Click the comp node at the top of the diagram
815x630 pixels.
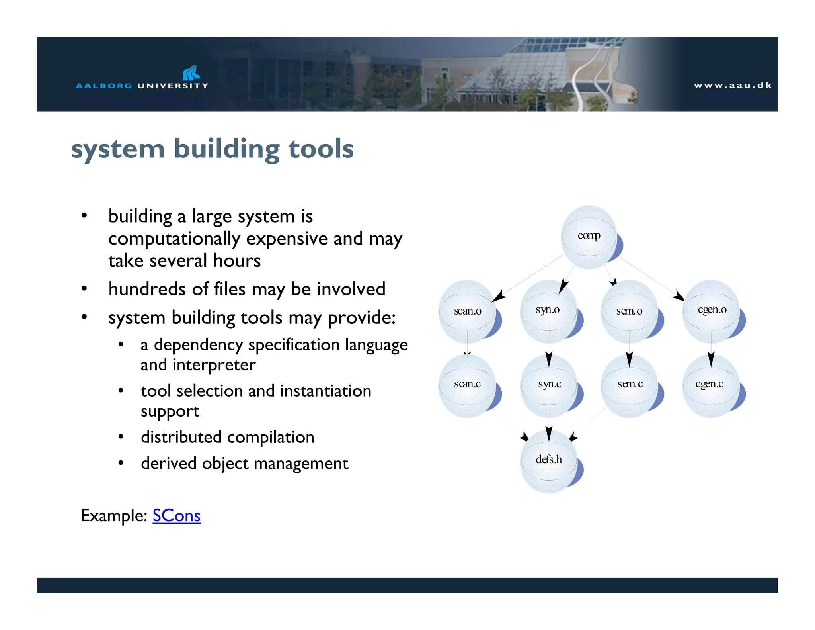coord(589,237)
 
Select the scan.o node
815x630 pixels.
coord(468,311)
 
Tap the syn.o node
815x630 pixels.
coord(548,311)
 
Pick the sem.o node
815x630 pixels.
coord(629,311)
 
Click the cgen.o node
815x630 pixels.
coord(712,311)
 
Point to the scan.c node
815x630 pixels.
coord(468,385)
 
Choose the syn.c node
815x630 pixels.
coord(549,385)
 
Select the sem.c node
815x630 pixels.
coord(630,385)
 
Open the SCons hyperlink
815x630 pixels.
coord(176,515)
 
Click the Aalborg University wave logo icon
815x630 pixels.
coord(191,73)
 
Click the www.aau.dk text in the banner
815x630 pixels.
coord(733,85)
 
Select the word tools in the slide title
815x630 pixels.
coord(321,149)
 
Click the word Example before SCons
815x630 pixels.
coord(113,515)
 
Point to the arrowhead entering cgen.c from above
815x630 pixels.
coord(711,360)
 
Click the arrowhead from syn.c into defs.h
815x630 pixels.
coord(549,434)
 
